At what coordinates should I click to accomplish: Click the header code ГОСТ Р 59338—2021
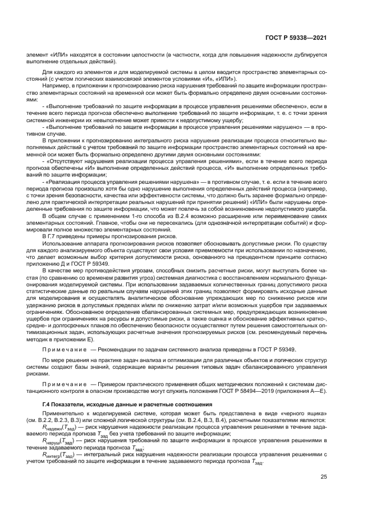click(296, 38)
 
